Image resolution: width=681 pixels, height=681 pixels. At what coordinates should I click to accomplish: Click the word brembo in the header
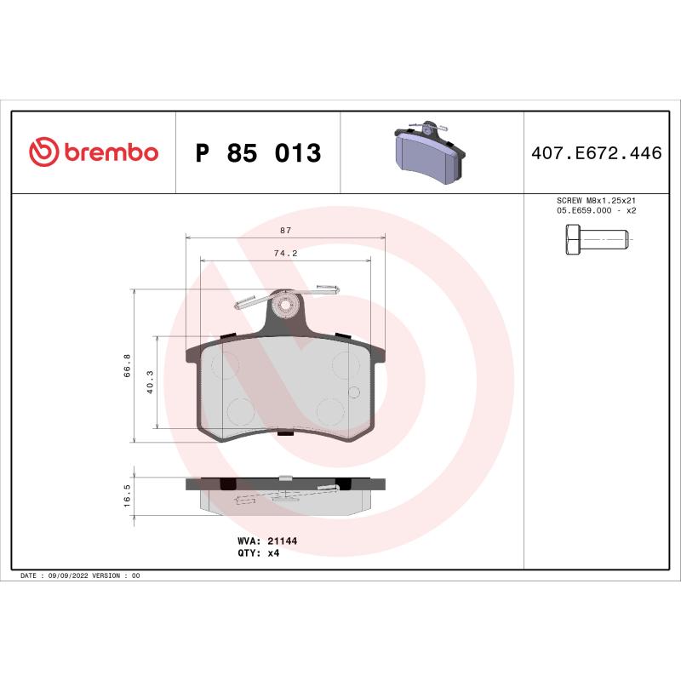(111, 153)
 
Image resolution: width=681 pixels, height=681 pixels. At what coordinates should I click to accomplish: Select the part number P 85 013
(258, 153)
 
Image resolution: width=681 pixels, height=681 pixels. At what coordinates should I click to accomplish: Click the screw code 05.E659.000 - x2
(596, 210)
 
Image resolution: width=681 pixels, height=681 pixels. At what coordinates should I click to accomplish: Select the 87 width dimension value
(284, 230)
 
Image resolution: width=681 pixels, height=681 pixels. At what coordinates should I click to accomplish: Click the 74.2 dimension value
(284, 253)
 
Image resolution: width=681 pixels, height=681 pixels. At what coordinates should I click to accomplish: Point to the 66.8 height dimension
(127, 365)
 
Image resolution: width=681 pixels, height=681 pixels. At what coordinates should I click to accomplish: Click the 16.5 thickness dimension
(127, 496)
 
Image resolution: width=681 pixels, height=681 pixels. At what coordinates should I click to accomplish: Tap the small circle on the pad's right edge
(355, 392)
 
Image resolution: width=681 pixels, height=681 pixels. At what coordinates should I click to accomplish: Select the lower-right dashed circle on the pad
(329, 411)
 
